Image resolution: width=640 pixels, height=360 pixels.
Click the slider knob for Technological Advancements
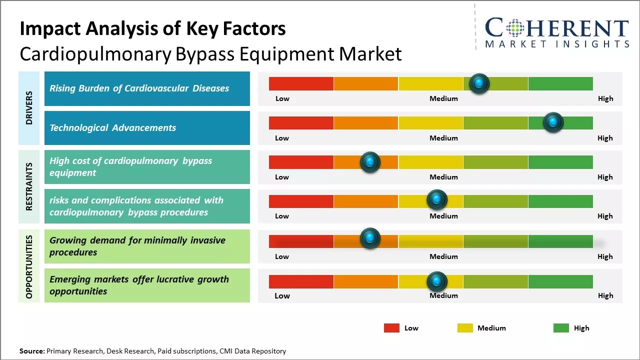tap(553, 122)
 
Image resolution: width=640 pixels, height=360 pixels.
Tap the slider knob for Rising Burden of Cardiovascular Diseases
tap(479, 83)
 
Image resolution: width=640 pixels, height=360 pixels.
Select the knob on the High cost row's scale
tap(370, 162)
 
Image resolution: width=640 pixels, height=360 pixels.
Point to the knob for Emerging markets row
tap(437, 281)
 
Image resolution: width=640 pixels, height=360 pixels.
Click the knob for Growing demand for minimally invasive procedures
tap(370, 238)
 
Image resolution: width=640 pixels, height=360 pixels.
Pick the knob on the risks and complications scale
tap(437, 200)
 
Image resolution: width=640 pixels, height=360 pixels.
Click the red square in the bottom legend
tap(391, 328)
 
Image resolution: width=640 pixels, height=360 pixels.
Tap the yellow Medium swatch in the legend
tap(465, 328)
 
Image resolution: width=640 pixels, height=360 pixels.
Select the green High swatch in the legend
tap(561, 328)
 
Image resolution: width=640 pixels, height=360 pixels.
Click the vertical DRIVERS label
tap(29, 108)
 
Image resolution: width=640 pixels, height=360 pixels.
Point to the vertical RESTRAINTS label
tap(29, 186)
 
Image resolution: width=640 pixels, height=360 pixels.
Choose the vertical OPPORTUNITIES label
tap(29, 266)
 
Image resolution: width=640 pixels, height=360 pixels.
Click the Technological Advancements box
tap(147, 128)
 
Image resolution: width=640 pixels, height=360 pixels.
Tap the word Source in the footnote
tap(31, 351)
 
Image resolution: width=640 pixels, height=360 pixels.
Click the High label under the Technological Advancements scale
tap(605, 138)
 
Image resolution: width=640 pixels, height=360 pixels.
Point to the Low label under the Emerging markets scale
tap(282, 295)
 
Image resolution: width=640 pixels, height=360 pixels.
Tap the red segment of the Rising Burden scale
tap(301, 83)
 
